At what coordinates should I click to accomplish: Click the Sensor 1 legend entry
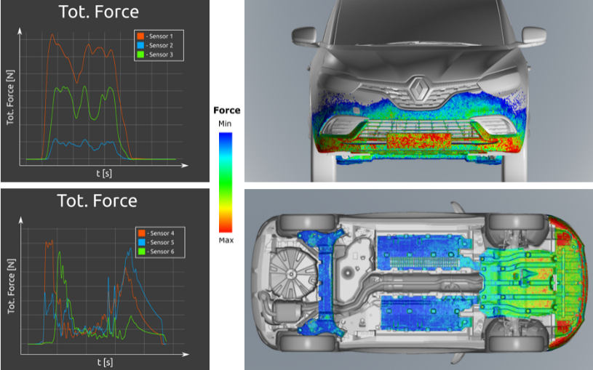155,36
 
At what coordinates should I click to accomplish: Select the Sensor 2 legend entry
155,45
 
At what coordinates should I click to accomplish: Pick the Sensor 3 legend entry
155,55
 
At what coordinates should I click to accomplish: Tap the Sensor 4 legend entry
156,233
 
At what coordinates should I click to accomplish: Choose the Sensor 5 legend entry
156,242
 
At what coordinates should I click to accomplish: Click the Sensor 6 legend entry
156,252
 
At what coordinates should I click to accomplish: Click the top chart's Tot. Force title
99,12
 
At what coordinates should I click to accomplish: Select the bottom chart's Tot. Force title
97,201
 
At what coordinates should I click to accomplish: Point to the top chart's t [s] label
104,174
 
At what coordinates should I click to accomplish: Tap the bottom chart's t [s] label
105,362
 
